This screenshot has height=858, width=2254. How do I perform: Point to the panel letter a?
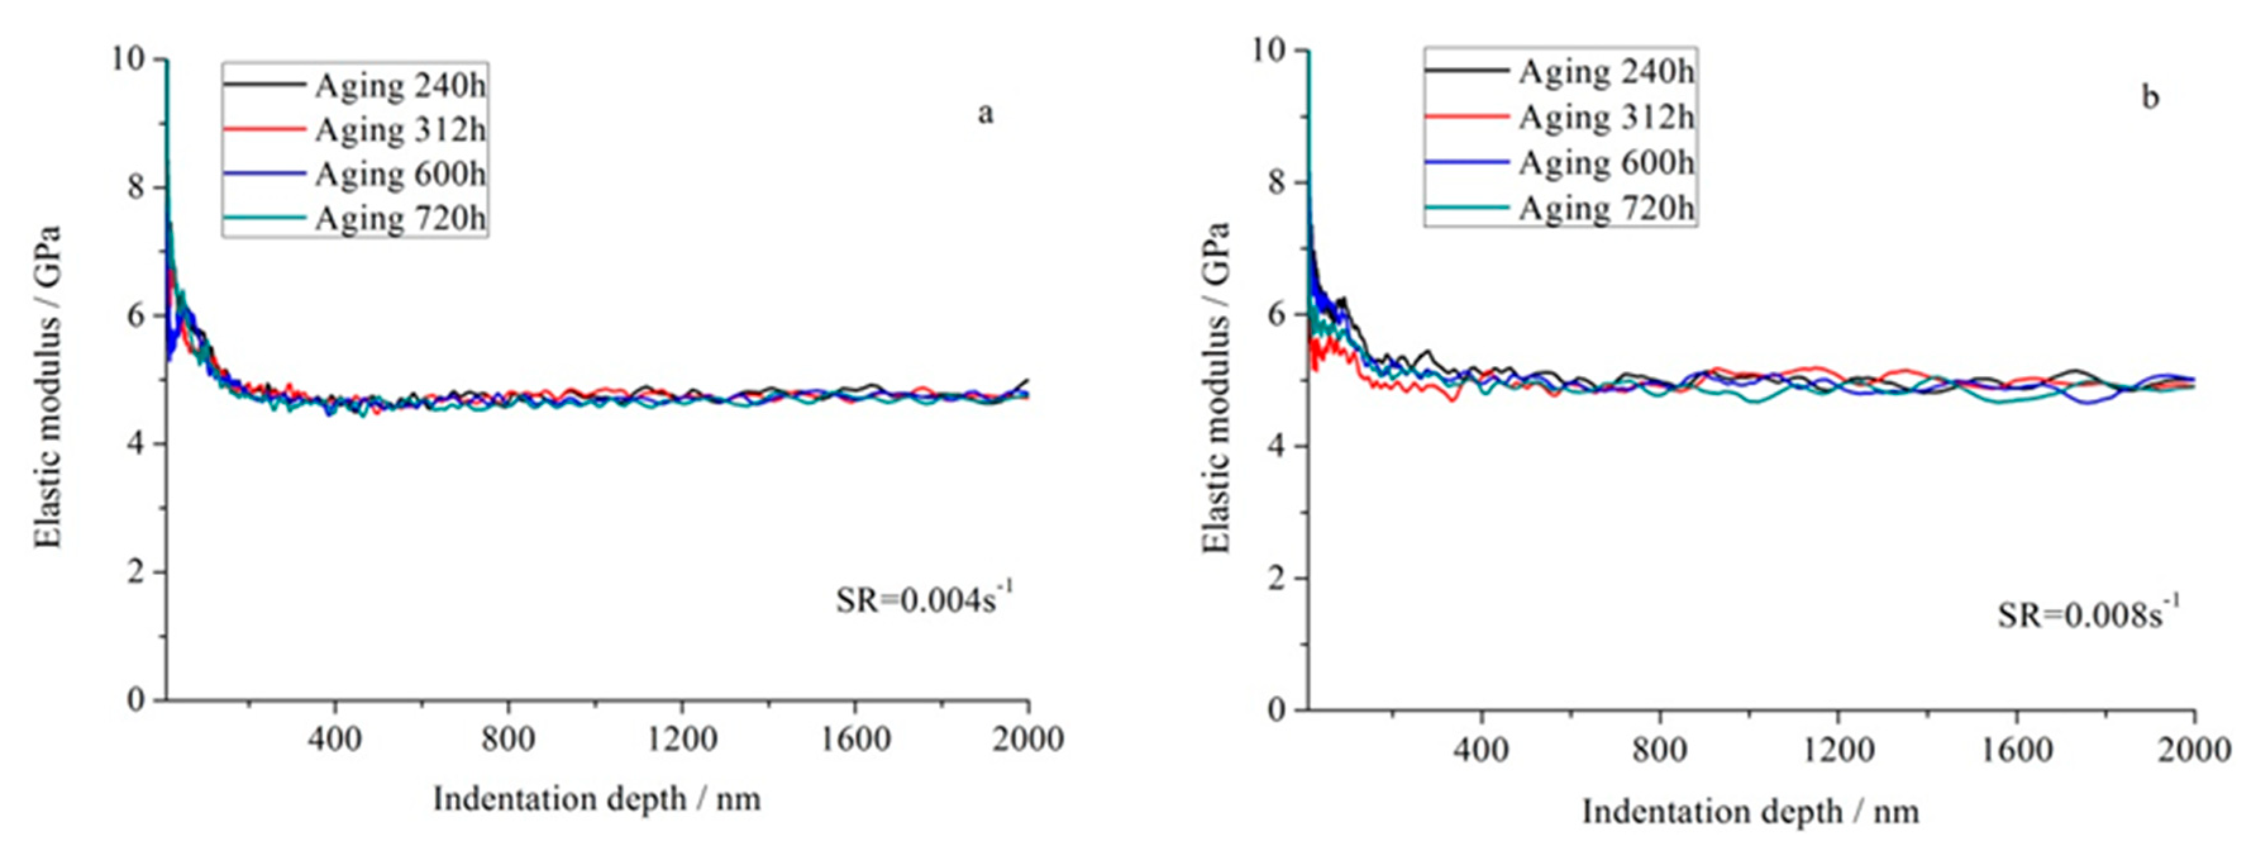[x=985, y=114]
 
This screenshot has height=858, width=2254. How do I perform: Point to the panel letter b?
[x=2150, y=97]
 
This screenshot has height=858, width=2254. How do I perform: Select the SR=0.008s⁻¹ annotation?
[x=2088, y=615]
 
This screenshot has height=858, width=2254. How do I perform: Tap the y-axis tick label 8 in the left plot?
[x=135, y=188]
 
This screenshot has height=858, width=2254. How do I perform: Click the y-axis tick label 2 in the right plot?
[x=1279, y=579]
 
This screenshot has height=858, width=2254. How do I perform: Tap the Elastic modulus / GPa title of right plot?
[x=1217, y=388]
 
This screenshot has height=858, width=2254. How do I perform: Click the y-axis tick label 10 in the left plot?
[x=128, y=60]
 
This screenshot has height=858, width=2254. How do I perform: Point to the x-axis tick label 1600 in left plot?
[x=855, y=740]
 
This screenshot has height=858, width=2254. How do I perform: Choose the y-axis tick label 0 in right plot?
[x=1279, y=710]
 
